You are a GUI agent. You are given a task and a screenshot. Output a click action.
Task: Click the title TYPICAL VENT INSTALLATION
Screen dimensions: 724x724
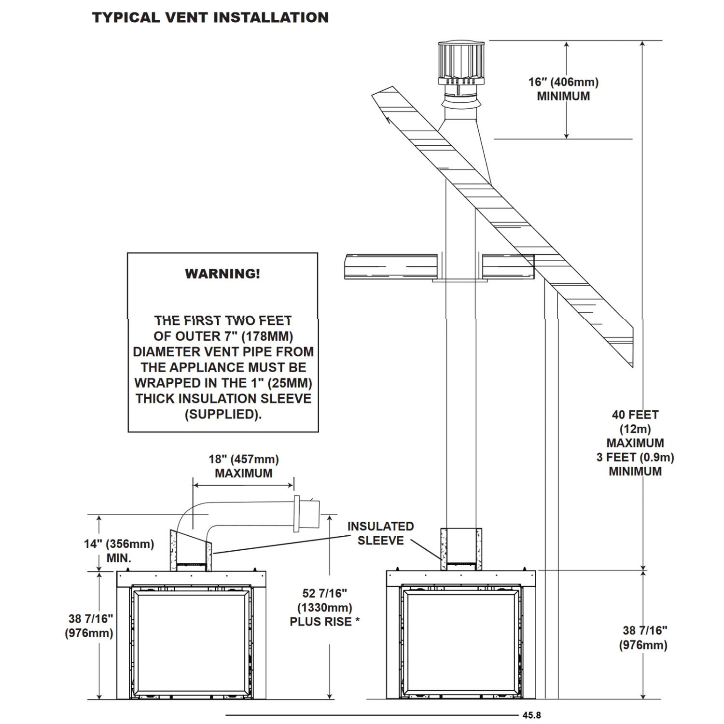210,18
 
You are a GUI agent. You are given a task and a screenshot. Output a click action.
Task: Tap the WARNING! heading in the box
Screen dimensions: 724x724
223,274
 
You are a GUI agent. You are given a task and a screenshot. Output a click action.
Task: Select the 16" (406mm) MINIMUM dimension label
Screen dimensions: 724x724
563,89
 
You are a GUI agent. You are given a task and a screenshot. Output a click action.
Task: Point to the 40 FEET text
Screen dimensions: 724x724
635,415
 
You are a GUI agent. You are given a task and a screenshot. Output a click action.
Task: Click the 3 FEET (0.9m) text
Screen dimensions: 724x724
635,457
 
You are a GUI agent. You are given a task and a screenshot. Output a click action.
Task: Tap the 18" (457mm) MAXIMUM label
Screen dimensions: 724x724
243,466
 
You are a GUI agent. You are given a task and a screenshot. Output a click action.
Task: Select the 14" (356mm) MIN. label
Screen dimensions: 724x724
119,551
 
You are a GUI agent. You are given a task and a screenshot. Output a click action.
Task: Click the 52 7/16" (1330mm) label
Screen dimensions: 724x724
324,600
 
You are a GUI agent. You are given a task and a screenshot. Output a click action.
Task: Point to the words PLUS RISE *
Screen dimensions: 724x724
324,622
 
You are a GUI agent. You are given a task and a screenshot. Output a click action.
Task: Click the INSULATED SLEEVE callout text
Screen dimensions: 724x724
380,533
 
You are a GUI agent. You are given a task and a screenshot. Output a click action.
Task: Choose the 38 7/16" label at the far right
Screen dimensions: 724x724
643,637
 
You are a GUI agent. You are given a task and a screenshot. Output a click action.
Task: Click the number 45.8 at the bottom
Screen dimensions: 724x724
531,715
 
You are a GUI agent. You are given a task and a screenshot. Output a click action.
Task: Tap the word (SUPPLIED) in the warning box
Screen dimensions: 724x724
223,414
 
